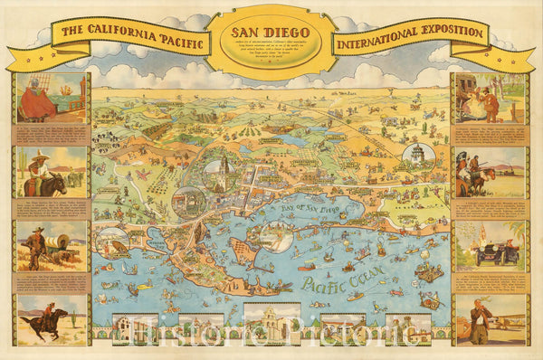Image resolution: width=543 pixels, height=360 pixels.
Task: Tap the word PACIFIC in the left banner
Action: (x=175, y=33)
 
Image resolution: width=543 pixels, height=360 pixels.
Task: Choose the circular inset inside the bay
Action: (x=274, y=235)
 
